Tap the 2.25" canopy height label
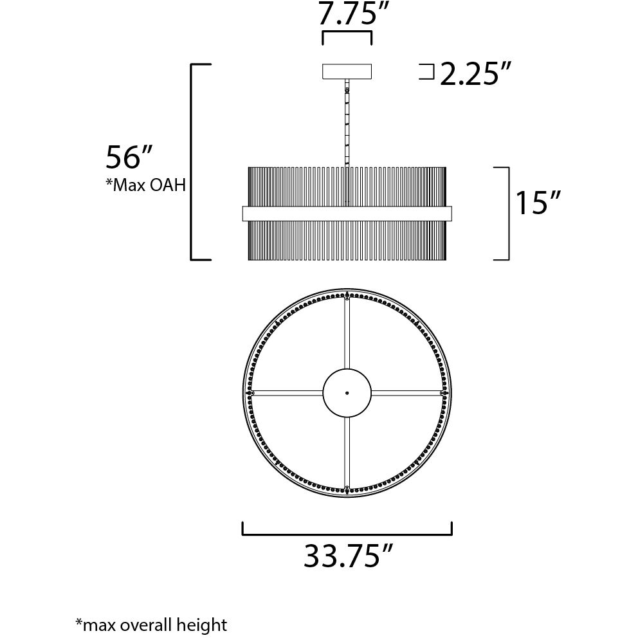(x=475, y=74)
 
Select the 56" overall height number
(x=129, y=158)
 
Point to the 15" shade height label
(x=538, y=203)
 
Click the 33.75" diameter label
(x=349, y=556)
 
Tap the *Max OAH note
(x=145, y=185)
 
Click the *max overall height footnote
(x=151, y=624)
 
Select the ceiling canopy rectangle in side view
(x=347, y=71)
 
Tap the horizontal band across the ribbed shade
(x=347, y=214)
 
